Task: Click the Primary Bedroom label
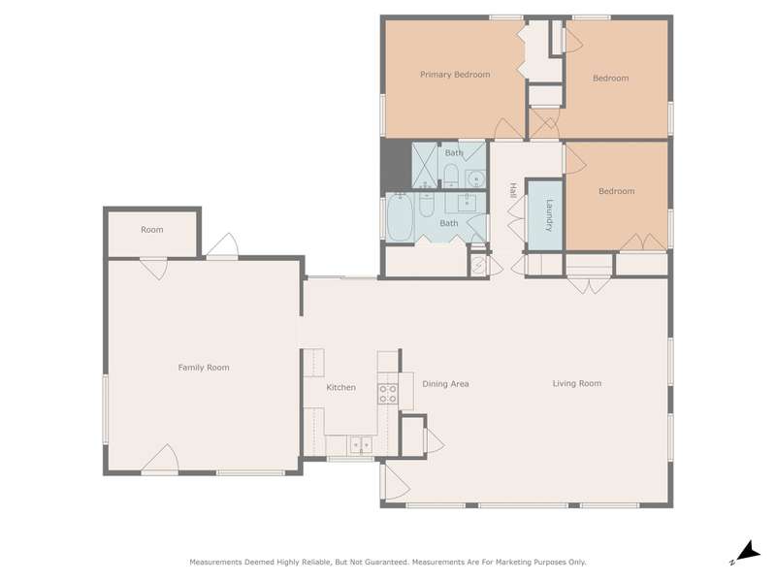pos(455,75)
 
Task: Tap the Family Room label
pos(204,368)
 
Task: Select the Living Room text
pos(577,383)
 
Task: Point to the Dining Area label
pos(445,383)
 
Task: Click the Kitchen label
pos(341,387)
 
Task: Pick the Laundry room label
pos(548,215)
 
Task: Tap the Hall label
pos(513,190)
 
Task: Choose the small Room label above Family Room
pos(152,230)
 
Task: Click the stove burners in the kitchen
pos(387,394)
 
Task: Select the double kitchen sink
pos(361,444)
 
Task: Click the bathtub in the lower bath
pos(400,217)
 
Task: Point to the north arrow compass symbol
pos(746,552)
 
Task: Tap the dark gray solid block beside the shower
pos(396,165)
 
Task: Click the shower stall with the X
pos(425,165)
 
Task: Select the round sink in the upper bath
pos(475,178)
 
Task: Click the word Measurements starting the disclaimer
pos(215,563)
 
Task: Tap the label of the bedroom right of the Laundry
pos(617,191)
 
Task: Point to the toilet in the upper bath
pos(450,175)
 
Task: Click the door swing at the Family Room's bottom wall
pos(160,458)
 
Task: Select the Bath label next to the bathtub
pos(449,223)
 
